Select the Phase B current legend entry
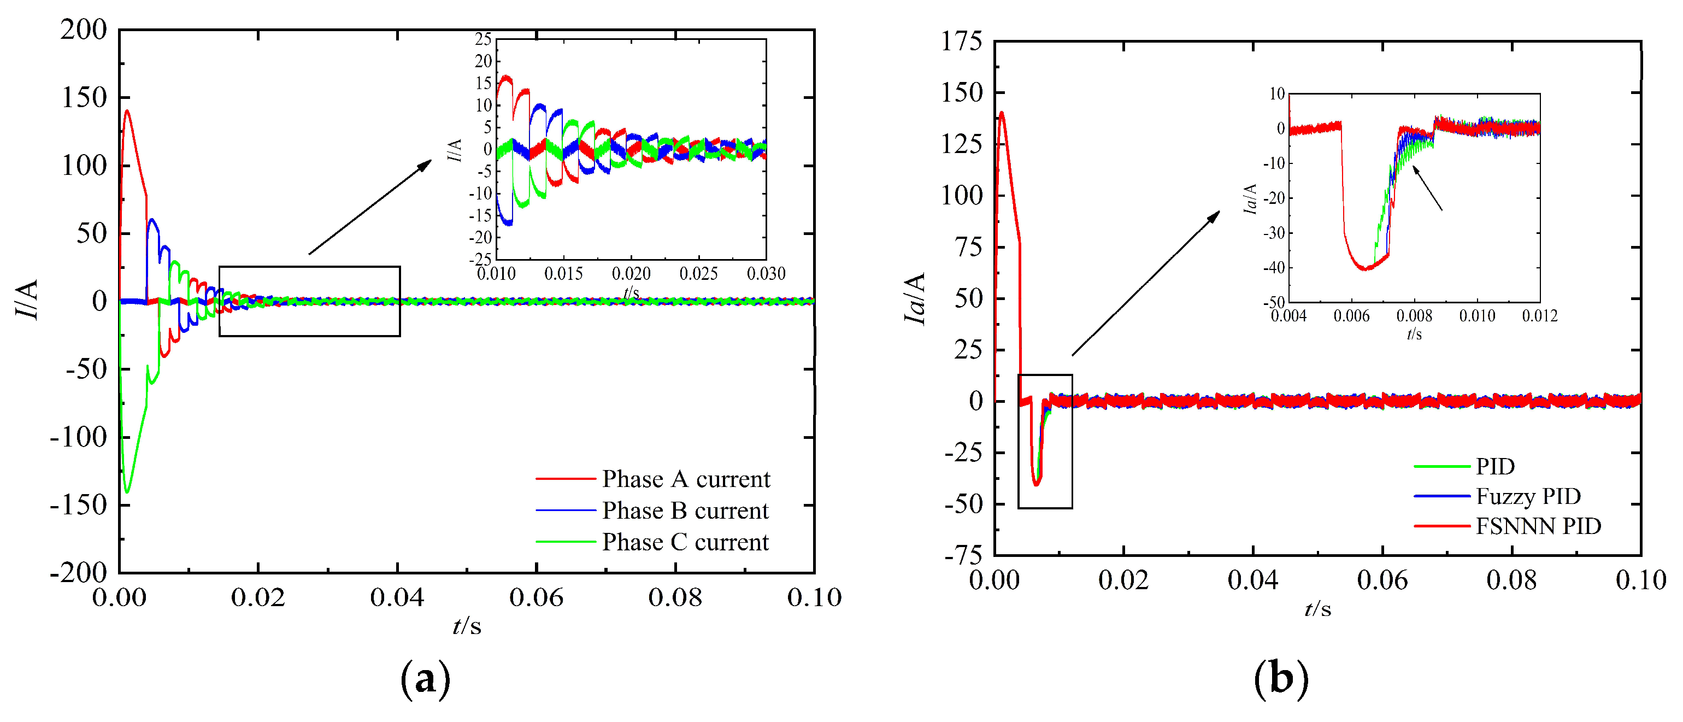685,510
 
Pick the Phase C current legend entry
685,542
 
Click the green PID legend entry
1495,467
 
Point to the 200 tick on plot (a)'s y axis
84,30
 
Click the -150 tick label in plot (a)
78,505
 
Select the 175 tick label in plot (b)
962,42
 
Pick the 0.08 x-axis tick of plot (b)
1511,580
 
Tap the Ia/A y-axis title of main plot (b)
915,298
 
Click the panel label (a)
425,679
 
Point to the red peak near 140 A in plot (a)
127,111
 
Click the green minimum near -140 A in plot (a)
127,491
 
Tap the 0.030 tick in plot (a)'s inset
766,274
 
